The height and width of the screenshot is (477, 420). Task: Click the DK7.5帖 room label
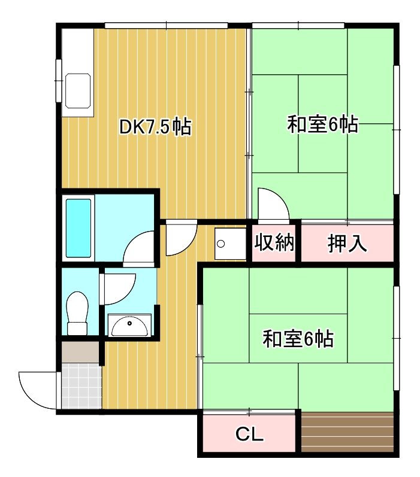(155, 127)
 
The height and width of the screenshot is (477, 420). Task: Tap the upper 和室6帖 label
(322, 124)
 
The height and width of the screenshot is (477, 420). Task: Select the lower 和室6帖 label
(298, 339)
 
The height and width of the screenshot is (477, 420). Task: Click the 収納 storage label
(274, 242)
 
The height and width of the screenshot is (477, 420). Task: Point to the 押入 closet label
(346, 243)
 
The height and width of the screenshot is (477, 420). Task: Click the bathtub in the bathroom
(78, 227)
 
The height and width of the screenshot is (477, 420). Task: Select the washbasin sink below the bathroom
(129, 325)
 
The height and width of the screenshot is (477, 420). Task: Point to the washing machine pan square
(230, 244)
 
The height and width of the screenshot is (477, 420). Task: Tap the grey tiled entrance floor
(81, 386)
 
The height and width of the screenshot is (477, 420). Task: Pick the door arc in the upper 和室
(273, 203)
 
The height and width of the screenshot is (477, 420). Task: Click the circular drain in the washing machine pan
(222, 244)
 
